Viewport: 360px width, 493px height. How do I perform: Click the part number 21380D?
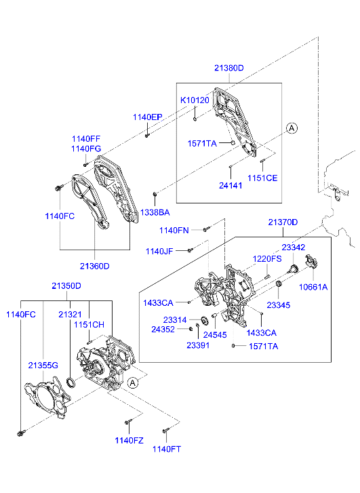228,68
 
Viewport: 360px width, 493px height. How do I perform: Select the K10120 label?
194,100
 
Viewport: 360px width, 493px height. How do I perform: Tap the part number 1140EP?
147,117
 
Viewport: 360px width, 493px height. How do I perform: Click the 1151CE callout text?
262,178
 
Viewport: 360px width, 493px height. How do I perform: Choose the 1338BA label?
155,212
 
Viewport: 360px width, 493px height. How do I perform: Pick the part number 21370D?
283,222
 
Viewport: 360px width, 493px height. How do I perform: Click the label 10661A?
313,287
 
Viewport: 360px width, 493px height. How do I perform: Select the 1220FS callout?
267,259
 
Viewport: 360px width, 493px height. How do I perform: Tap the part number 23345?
279,306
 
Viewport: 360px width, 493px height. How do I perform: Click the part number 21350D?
66,286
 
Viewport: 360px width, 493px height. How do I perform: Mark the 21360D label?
94,266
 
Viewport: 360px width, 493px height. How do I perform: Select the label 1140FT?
166,449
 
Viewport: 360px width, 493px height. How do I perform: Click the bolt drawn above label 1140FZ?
127,422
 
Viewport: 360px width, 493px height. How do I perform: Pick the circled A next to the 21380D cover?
291,127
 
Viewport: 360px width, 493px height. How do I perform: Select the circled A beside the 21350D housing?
132,382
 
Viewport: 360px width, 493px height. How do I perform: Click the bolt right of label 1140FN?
207,229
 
